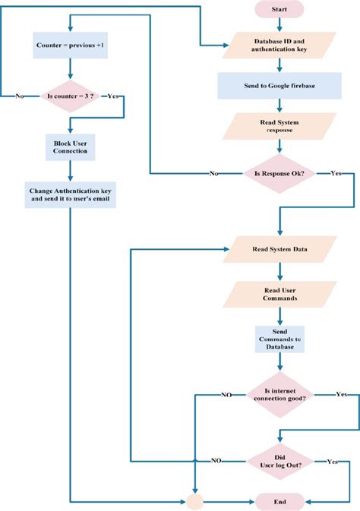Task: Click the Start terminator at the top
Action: (279, 8)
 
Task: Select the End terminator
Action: (279, 502)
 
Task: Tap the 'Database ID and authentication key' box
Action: (279, 46)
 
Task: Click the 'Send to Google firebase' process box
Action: (279, 86)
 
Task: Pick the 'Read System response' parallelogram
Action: (279, 126)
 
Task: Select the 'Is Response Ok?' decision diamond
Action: (279, 173)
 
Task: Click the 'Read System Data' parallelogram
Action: (279, 249)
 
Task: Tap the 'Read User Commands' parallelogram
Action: (279, 294)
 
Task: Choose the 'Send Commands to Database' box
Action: (279, 339)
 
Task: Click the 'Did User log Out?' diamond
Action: (279, 460)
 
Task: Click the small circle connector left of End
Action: (196, 502)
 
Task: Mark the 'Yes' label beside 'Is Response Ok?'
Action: (336, 173)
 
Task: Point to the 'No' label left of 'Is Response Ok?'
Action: (214, 173)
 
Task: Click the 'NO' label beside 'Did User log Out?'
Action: (216, 460)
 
